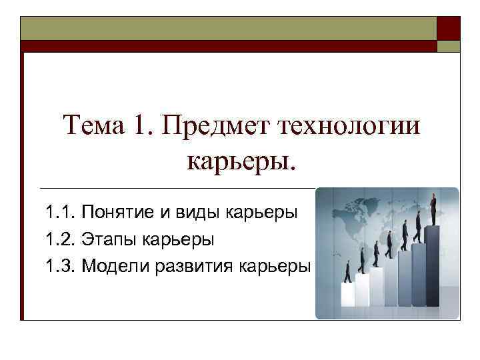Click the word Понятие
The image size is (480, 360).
(x=117, y=213)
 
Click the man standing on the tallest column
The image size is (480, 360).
(x=433, y=209)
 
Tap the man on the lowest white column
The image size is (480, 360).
(x=347, y=272)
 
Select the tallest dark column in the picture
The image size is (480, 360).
(x=433, y=267)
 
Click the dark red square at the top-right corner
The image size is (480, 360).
(x=448, y=28)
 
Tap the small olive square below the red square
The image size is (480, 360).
(x=448, y=46)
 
